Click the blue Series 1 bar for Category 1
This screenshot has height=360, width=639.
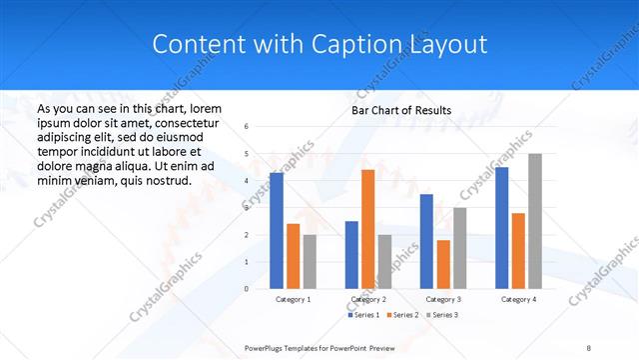click(x=277, y=231)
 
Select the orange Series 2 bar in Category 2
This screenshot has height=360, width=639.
click(x=367, y=229)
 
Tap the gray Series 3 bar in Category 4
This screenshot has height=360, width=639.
click(x=535, y=221)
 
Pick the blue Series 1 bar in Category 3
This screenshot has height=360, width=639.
click(x=426, y=241)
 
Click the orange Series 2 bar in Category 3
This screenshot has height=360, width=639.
click(x=443, y=264)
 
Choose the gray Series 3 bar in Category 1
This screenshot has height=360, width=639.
click(x=310, y=262)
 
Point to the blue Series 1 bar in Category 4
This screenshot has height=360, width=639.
click(x=501, y=228)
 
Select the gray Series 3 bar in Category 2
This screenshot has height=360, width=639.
click(x=384, y=262)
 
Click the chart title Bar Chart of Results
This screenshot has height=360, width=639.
click(x=401, y=110)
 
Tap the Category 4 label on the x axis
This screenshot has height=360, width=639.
click(x=518, y=299)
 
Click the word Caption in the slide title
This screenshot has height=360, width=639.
click(x=363, y=44)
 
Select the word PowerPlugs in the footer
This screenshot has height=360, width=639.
click(x=267, y=346)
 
